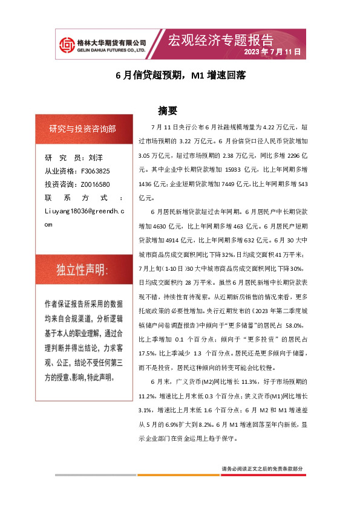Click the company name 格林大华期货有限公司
click(x=113, y=42)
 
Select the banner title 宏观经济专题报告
click(x=220, y=40)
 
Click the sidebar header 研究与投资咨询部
click(x=82, y=129)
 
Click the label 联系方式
click(x=84, y=198)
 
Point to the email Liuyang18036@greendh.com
click(x=84, y=216)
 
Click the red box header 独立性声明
click(x=82, y=269)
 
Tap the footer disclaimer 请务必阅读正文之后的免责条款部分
click(x=262, y=469)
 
